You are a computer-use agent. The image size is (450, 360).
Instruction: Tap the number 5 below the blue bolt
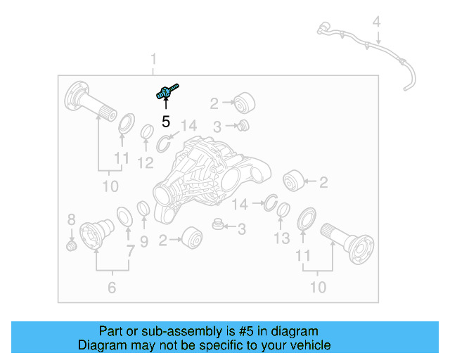point(166,121)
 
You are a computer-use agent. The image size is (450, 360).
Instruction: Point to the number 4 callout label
point(377,22)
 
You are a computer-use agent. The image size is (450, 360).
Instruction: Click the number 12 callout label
point(145,163)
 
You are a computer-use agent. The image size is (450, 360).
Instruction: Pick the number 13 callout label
point(281,239)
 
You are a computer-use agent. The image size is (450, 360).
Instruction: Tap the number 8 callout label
point(71,219)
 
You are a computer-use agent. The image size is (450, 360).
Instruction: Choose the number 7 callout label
point(130,250)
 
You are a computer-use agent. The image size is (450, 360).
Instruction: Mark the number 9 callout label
point(143,242)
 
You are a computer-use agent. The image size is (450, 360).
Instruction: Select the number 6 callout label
point(112,287)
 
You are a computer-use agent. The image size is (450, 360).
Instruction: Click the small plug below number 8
point(70,246)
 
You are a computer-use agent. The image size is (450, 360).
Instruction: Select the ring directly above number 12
point(148,133)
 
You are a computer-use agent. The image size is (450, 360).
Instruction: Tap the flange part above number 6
point(97,234)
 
